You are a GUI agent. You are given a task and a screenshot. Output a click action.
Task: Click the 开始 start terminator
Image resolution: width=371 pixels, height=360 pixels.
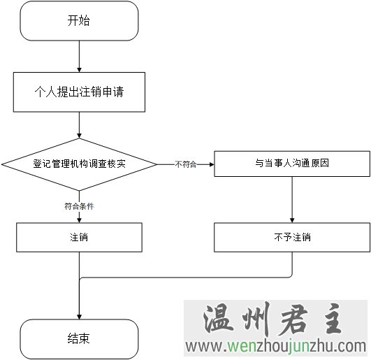point(79,20)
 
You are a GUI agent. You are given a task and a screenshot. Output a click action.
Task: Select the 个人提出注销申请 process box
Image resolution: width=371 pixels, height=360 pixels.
point(79,92)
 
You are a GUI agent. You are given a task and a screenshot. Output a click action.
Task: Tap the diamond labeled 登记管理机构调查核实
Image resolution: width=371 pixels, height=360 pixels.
point(79,164)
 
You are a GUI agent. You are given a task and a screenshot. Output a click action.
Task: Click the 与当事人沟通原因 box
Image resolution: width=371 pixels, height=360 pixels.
point(292,164)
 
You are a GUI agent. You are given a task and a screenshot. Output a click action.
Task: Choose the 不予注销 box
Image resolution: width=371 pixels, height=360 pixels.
point(292,237)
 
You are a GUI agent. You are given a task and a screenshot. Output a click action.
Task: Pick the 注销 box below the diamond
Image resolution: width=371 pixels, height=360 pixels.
point(79,237)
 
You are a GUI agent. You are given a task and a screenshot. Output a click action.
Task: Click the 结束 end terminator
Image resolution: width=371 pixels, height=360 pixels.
point(79,339)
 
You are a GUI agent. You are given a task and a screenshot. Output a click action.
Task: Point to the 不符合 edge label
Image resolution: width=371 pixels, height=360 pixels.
point(186,164)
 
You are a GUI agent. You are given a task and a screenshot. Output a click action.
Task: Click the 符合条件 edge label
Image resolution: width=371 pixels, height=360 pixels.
point(79,206)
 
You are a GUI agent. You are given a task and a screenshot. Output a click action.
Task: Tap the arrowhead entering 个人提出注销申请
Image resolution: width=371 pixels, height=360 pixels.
point(79,70)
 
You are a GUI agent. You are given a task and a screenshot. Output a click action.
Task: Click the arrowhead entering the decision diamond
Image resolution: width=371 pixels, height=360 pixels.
point(79,136)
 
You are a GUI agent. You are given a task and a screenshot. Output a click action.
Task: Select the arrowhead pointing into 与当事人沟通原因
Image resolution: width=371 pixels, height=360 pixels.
point(212,164)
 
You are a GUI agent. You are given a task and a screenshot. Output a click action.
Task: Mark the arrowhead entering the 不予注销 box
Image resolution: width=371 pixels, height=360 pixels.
point(292,220)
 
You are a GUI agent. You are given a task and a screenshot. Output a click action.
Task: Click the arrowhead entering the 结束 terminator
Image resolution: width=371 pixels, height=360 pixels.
point(79,317)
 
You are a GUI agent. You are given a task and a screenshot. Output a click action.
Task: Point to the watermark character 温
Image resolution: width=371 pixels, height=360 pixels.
point(218,319)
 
